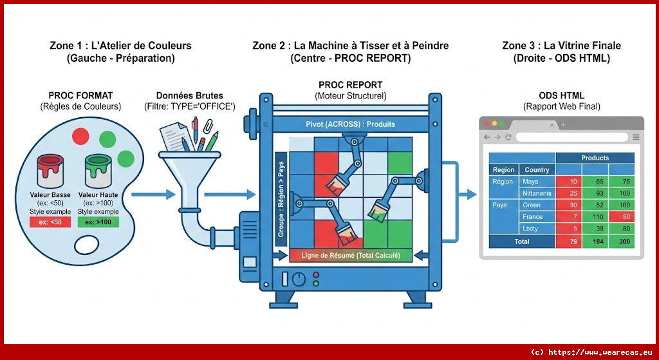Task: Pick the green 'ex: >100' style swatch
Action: [x=98, y=223]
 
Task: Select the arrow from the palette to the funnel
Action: [x=152, y=193]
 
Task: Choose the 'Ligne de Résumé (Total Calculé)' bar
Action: [x=351, y=256]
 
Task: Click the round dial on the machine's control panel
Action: [x=298, y=279]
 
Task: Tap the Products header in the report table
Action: [x=594, y=158]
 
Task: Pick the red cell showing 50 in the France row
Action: [x=622, y=217]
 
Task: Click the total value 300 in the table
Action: [x=622, y=242]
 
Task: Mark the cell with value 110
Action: [x=595, y=217]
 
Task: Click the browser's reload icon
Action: [x=508, y=137]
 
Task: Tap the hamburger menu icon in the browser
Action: [x=636, y=137]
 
